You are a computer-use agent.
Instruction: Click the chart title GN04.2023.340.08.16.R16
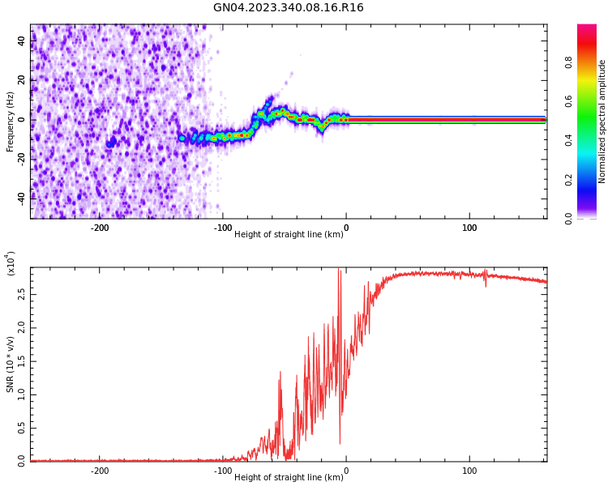pos(288,8)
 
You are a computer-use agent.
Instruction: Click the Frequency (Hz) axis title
pos(11,122)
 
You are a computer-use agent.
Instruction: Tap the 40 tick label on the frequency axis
pos(22,41)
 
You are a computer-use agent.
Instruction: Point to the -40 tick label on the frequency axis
pos(20,197)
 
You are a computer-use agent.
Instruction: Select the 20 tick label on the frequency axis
pos(22,80)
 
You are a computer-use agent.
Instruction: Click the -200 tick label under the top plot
pos(99,228)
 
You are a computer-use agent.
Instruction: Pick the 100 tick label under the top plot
pos(469,228)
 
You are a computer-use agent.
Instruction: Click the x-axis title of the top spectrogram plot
pos(288,234)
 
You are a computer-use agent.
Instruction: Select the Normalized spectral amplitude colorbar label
pos(602,122)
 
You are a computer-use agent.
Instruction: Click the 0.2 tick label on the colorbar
pos(569,179)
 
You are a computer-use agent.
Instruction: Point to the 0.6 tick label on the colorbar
pos(569,100)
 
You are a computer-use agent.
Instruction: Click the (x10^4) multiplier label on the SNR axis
pos(11,264)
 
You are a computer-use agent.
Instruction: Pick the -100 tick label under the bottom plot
pos(222,471)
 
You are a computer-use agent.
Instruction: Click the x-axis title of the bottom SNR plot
pos(288,477)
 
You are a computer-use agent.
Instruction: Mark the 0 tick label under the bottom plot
pos(346,471)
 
